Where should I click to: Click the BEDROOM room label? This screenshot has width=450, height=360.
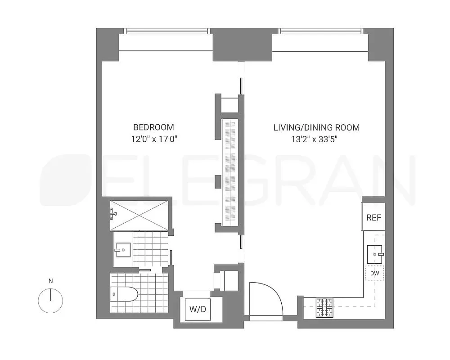(153, 127)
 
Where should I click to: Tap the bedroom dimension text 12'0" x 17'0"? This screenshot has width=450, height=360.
(153, 139)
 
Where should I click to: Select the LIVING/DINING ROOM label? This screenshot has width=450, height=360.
(316, 127)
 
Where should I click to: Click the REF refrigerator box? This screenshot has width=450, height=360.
(373, 217)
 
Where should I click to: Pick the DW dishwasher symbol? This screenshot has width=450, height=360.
(374, 273)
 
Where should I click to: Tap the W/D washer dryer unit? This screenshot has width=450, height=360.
(198, 309)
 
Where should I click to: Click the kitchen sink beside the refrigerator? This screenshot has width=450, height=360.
(374, 254)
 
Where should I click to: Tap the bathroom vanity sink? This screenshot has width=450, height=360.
(122, 248)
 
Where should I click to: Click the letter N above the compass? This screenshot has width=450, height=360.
(50, 281)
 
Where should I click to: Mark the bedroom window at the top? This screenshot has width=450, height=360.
(167, 31)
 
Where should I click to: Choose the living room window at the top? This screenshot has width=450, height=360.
(321, 31)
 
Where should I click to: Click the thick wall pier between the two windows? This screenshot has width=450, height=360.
(242, 44)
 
